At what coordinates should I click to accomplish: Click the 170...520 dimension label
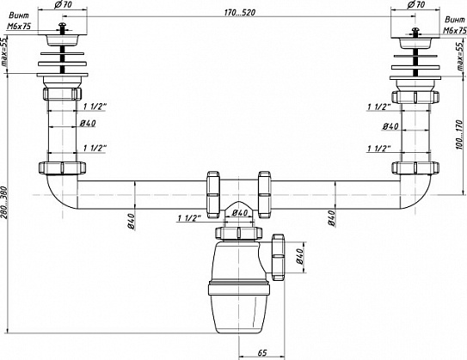pos(239,13)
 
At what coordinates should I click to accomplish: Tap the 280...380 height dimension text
pos(5,202)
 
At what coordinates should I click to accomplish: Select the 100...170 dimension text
pos(459,135)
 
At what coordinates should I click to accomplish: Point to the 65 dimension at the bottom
pos(261,353)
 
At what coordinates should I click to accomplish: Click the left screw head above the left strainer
pos(62,26)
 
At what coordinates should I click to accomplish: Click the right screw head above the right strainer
pos(415,30)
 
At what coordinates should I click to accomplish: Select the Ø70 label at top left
pos(63,4)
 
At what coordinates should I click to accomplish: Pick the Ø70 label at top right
pos(415,4)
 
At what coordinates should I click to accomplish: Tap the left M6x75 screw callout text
pos(19,26)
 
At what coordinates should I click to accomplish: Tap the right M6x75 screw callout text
pos(455,30)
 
